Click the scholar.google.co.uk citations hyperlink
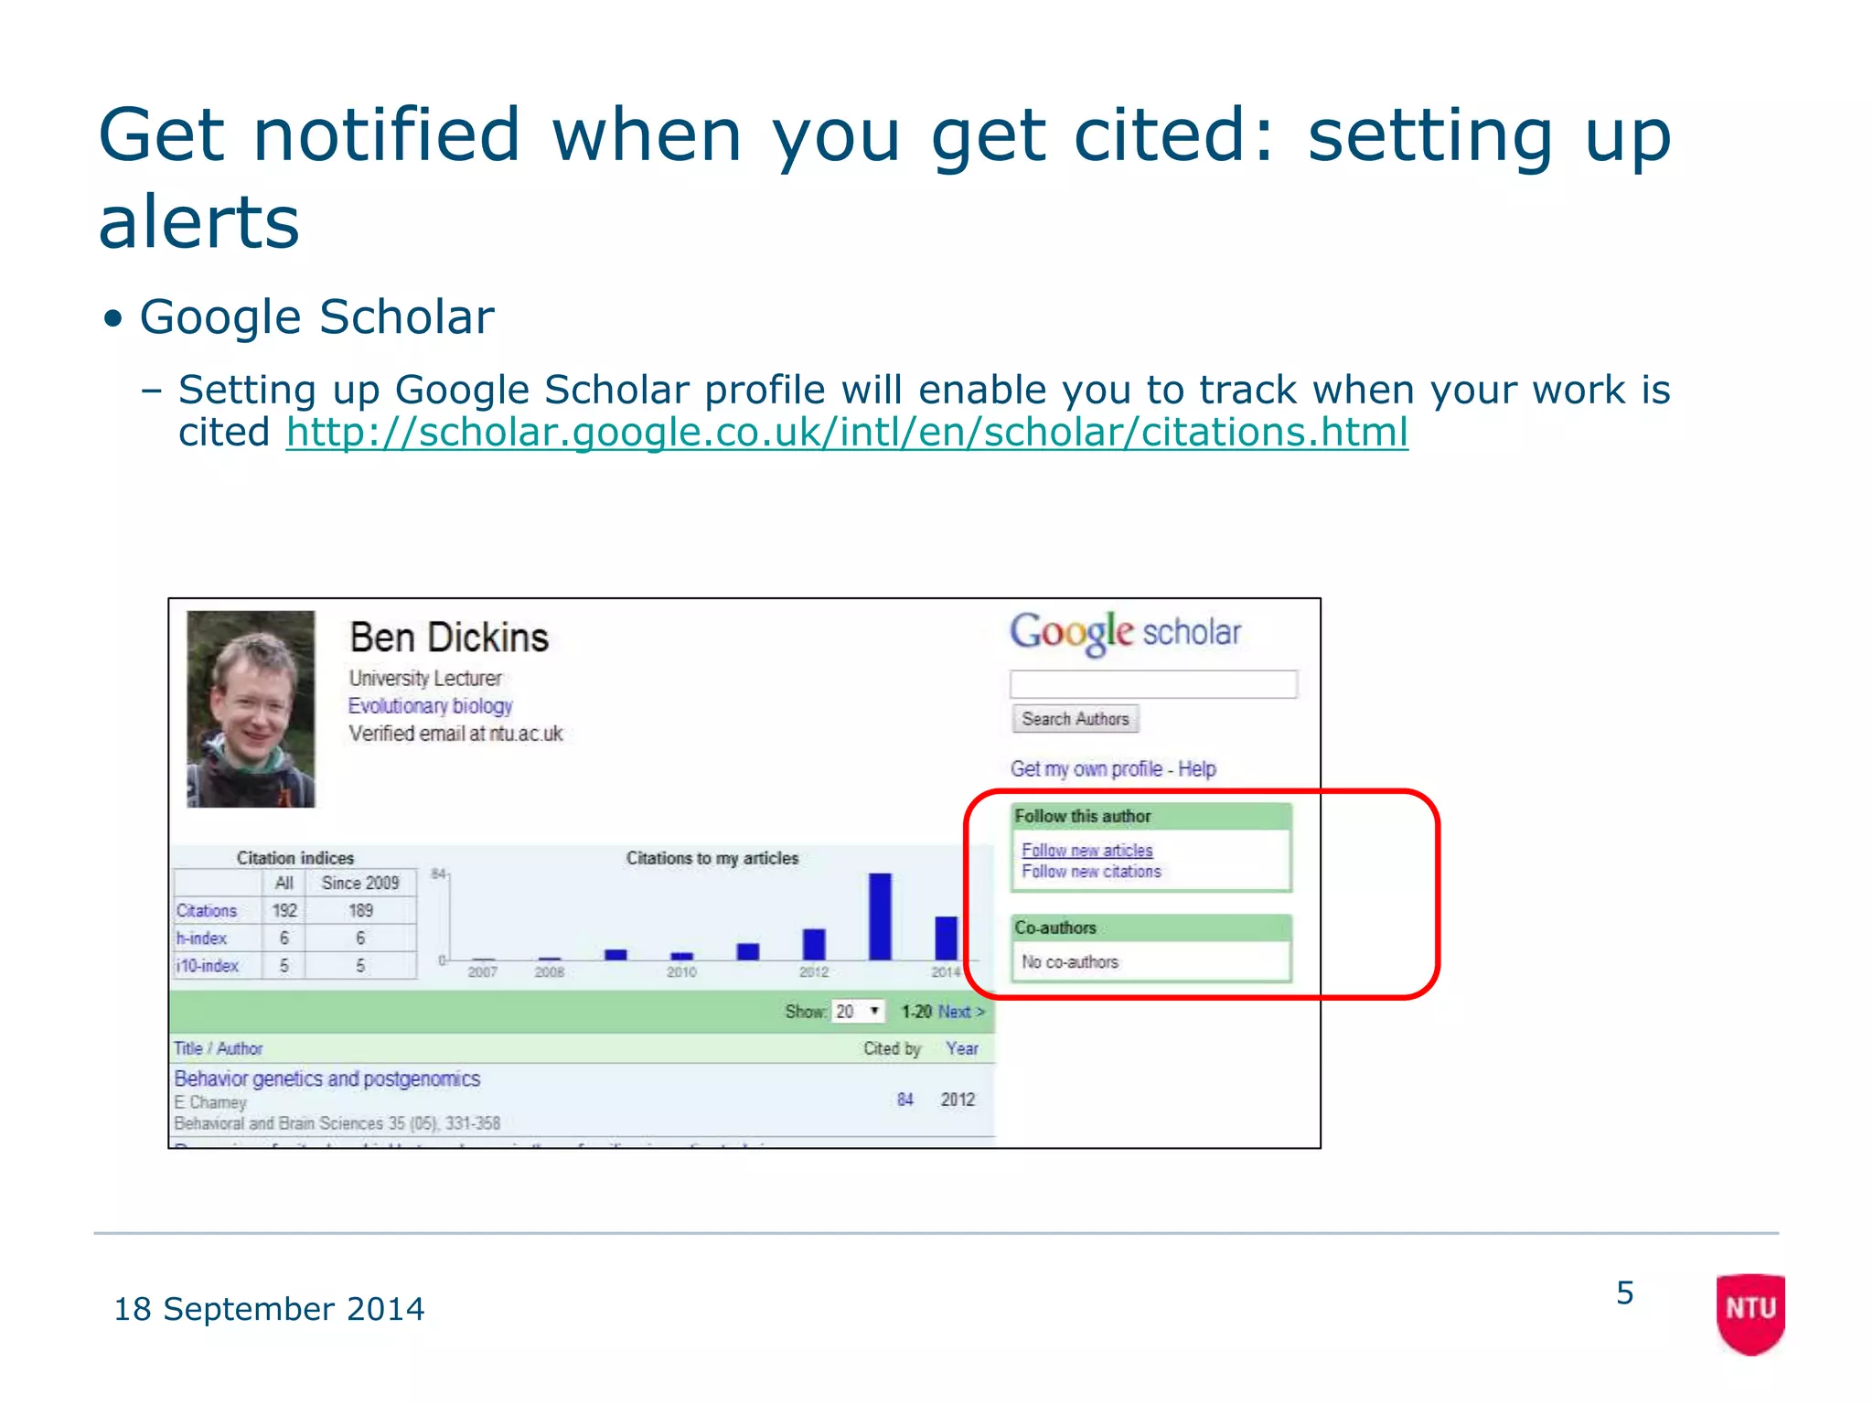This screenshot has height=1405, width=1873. click(x=846, y=433)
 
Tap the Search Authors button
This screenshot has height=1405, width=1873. click(x=1075, y=719)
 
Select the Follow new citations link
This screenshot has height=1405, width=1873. click(x=1091, y=872)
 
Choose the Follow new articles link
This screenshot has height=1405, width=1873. click(x=1086, y=850)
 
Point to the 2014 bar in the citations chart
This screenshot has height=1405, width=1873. click(x=946, y=938)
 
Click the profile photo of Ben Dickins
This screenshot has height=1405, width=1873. click(x=251, y=709)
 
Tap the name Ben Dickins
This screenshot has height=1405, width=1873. click(x=449, y=638)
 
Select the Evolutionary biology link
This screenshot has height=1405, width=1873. click(x=430, y=706)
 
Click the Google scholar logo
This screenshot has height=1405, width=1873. click(x=1125, y=632)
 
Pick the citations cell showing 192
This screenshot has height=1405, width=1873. click(x=284, y=910)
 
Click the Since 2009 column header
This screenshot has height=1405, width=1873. click(x=360, y=883)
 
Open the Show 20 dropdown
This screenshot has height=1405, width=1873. click(x=859, y=1011)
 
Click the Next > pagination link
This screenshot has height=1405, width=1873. click(x=961, y=1012)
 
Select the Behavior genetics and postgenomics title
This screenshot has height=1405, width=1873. click(x=326, y=1078)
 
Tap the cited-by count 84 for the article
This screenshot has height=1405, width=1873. click(x=904, y=1099)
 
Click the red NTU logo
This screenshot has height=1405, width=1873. click(x=1750, y=1312)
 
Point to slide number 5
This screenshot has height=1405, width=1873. click(x=1624, y=1292)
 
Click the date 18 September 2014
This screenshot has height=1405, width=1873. click(x=269, y=1309)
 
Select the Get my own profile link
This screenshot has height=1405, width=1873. click(x=1086, y=768)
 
